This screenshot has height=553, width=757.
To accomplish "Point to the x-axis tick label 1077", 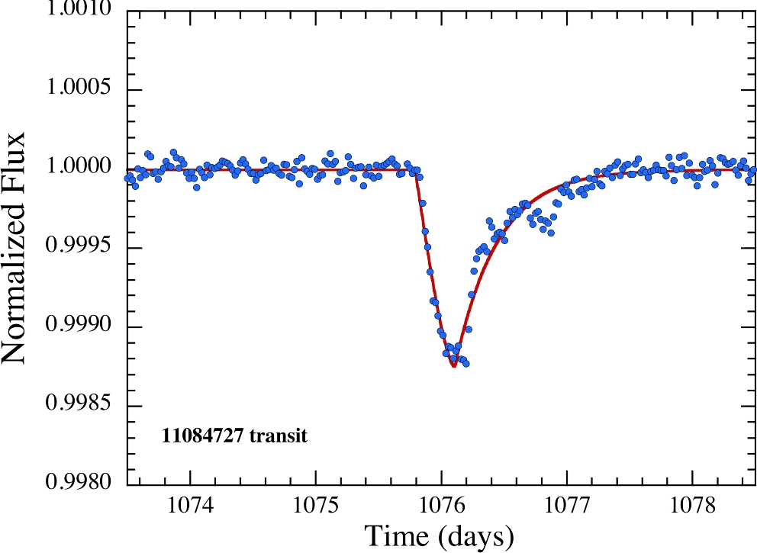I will pyautogui.click(x=567, y=506).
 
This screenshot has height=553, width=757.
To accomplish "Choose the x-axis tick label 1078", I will pyautogui.click(x=692, y=506).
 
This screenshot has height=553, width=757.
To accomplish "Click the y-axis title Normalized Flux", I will pyautogui.click(x=17, y=248).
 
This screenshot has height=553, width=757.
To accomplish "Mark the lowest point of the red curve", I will pyautogui.click(x=453, y=366).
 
